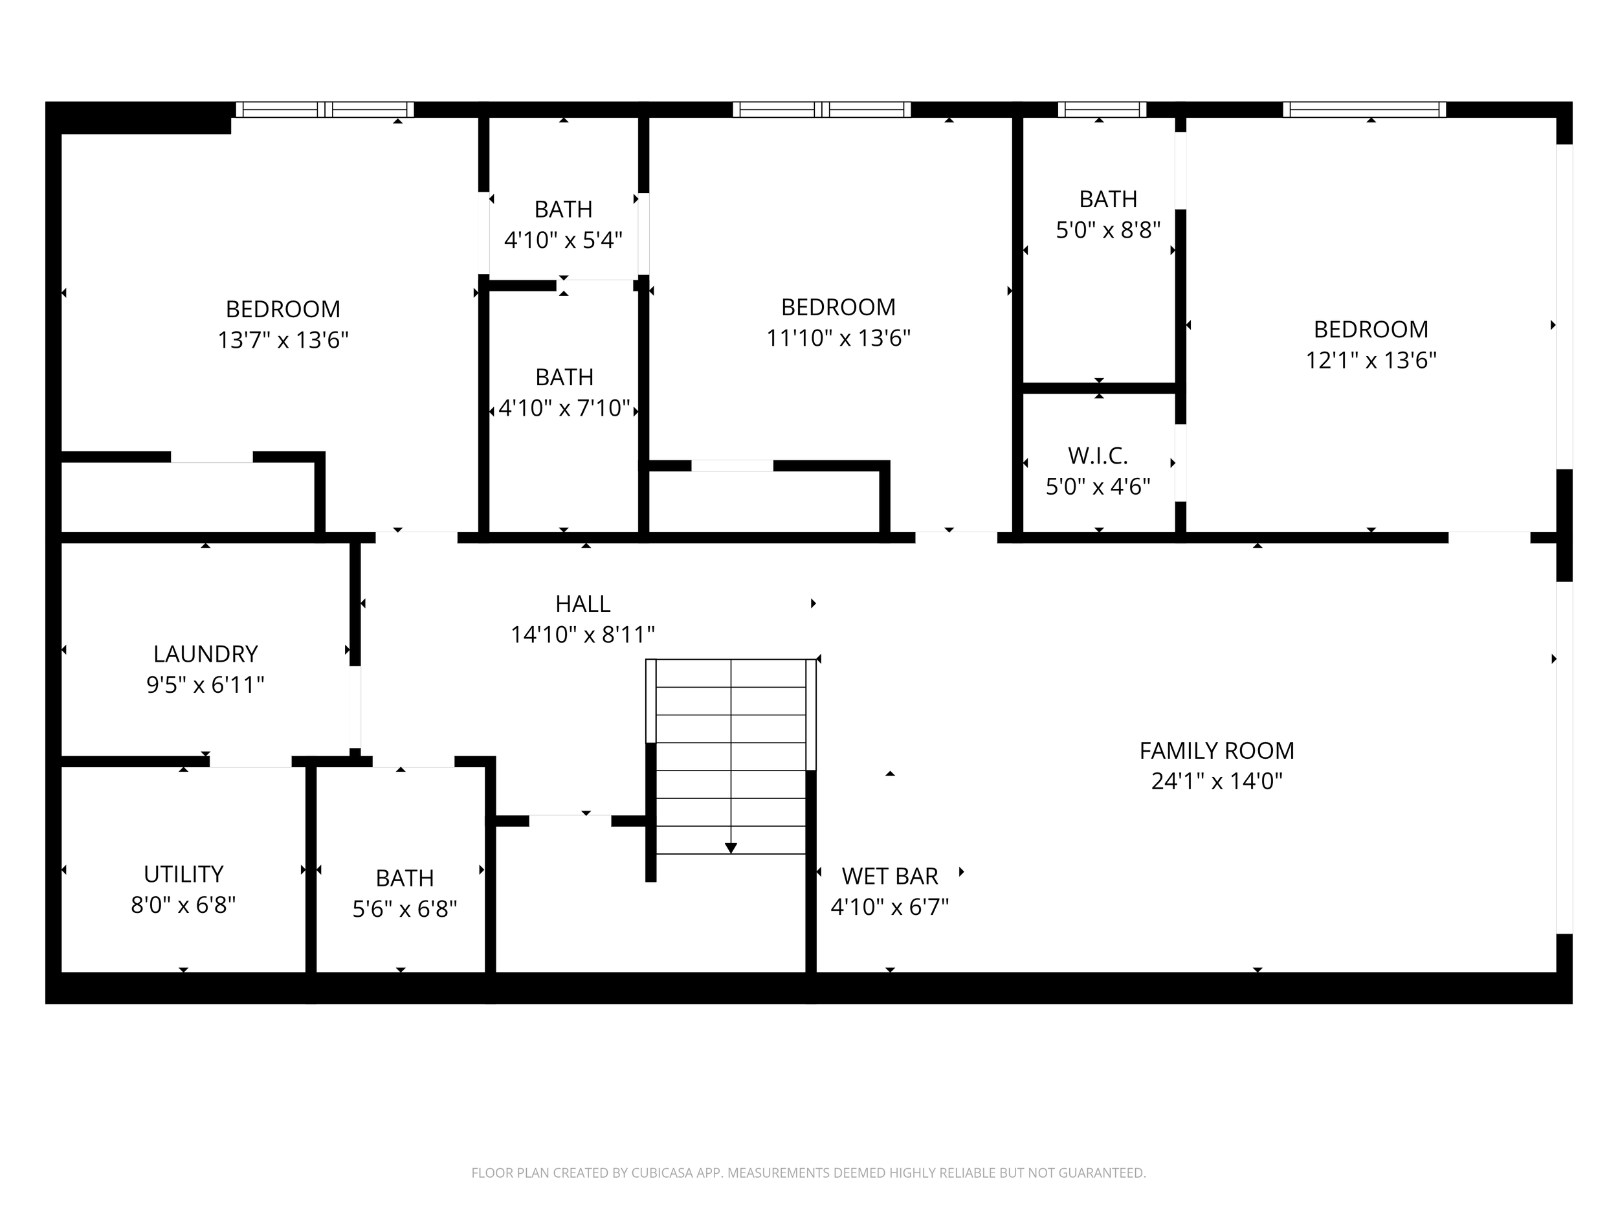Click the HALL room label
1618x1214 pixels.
pos(582,603)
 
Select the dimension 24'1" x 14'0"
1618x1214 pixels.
pos(1217,781)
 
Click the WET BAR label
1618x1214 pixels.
pos(889,876)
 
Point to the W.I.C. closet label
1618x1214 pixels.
pos(1097,456)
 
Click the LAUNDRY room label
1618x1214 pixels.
pos(206,653)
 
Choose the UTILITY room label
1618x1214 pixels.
pos(183,873)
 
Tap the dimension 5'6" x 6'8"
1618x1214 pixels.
pos(404,909)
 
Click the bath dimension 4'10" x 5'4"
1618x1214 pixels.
pos(563,240)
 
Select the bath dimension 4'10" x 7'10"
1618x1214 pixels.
pos(564,409)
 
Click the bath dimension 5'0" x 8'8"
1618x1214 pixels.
pos(1108,230)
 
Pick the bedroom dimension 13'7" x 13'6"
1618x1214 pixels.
pos(283,341)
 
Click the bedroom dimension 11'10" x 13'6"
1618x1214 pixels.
pos(838,338)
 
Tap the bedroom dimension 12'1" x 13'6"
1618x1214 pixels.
pos(1371,361)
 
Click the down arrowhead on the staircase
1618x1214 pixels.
pos(731,848)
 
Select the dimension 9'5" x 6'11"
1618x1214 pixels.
pos(206,685)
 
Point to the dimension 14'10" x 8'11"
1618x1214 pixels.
pos(582,635)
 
